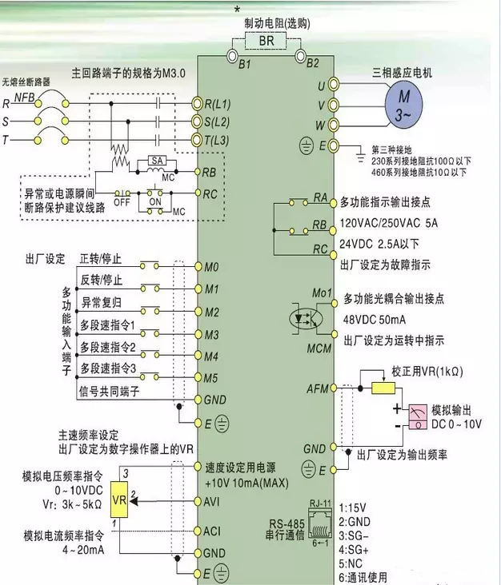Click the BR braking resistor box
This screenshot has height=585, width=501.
[x=266, y=41]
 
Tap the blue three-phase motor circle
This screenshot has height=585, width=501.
[x=403, y=105]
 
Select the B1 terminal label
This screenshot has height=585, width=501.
[x=245, y=65]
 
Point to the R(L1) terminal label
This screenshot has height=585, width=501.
[x=217, y=104]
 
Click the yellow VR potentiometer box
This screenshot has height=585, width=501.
[x=119, y=499]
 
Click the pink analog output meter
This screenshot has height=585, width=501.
[x=418, y=416]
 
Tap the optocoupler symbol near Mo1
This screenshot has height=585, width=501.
[x=306, y=318]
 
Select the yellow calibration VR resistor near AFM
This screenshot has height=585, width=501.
[x=383, y=388]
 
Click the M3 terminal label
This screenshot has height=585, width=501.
[x=212, y=335]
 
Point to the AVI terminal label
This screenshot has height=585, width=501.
[x=212, y=502]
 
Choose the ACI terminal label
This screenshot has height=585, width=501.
[x=212, y=531]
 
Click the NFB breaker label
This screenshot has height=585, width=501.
[x=24, y=97]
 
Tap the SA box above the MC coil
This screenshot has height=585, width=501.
[x=158, y=161]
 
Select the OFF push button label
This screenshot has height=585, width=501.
[x=122, y=202]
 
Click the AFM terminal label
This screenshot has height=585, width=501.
[x=318, y=389]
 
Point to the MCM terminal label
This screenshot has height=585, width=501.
[x=319, y=348]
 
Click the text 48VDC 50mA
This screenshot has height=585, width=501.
[x=375, y=320]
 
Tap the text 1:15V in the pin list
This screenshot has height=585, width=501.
[x=352, y=507]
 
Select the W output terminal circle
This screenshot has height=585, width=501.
[x=333, y=125]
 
